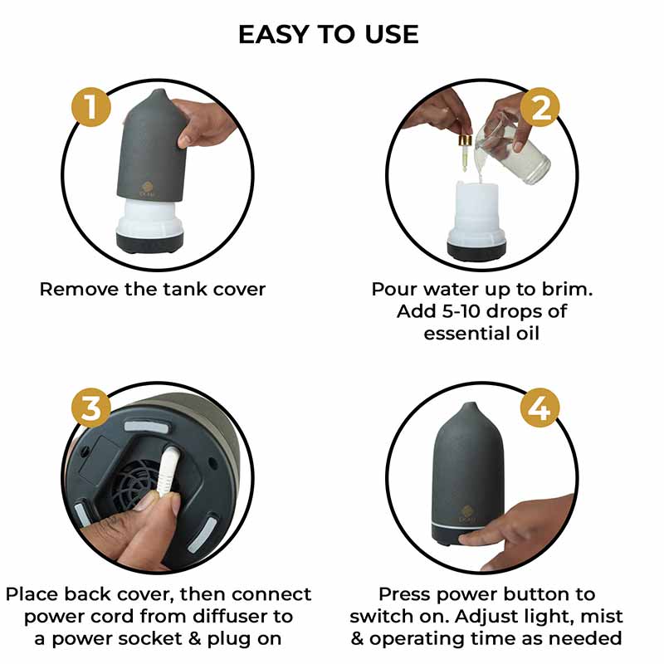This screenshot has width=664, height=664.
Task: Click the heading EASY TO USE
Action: click(329, 34)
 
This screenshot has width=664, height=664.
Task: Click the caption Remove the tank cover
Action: click(153, 290)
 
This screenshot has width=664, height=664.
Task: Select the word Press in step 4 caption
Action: click(408, 594)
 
